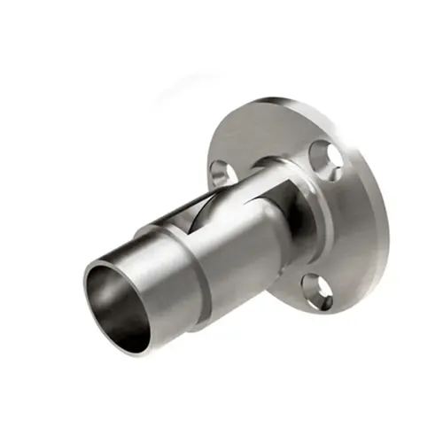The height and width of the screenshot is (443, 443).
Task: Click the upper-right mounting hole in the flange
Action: (x=332, y=158)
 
